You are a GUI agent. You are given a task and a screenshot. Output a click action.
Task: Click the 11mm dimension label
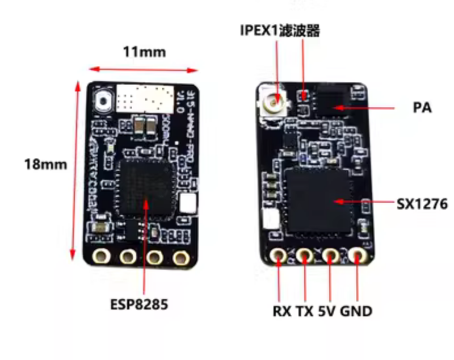144,52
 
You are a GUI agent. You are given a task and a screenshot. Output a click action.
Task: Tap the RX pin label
281,311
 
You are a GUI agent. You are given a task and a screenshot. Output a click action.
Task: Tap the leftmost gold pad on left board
103,256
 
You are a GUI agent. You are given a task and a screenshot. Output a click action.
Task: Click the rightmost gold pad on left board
181,257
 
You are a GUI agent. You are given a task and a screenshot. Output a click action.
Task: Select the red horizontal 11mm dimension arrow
144,70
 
